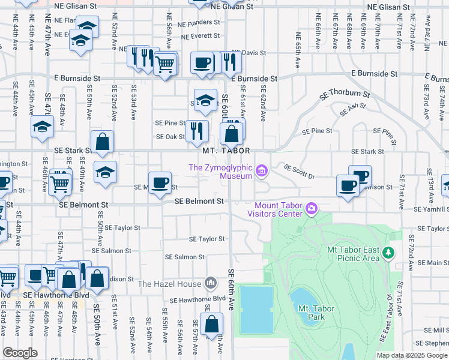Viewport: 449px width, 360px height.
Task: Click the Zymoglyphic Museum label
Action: pyautogui.click(x=220, y=172)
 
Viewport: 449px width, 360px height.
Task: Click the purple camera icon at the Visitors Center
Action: pyautogui.click(x=311, y=209)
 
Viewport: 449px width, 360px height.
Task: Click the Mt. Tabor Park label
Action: pyautogui.click(x=316, y=313)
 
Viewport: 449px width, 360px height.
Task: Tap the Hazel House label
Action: pyautogui.click(x=169, y=283)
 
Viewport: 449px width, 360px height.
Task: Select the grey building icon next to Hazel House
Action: pyautogui.click(x=210, y=283)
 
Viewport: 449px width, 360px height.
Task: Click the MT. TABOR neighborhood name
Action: pyautogui.click(x=226, y=151)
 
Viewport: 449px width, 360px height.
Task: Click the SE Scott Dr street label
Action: pyautogui.click(x=299, y=172)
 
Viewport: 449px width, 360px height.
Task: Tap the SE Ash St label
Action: pyautogui.click(x=352, y=110)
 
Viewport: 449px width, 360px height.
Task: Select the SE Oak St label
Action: pyautogui.click(x=170, y=137)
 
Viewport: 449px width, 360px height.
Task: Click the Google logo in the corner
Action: pyautogui.click(x=20, y=353)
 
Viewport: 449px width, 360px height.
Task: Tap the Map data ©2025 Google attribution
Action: pyautogui.click(x=412, y=355)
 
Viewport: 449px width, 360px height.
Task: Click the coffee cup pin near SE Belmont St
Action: pyautogui.click(x=160, y=183)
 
